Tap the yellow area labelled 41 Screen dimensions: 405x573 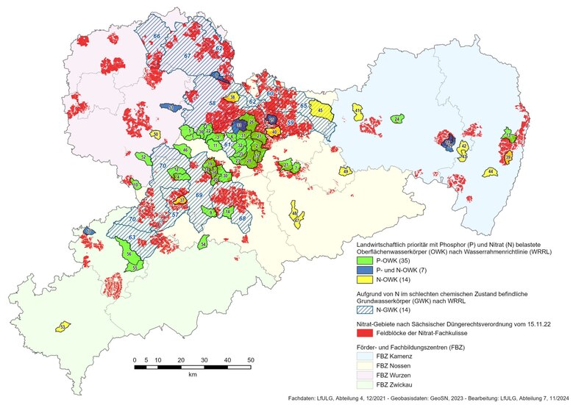[x=357, y=112]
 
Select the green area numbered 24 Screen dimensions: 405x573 [x=397, y=118]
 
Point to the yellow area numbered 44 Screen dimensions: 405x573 [x=490, y=171]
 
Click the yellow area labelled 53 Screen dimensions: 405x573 [x=65, y=326]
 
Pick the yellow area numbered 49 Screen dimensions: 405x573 [x=345, y=171]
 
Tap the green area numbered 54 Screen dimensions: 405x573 [x=203, y=243]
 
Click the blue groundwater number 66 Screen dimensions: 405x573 [x=157, y=36]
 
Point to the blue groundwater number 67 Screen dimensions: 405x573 [x=188, y=56]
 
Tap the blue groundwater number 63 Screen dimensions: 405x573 [x=132, y=237]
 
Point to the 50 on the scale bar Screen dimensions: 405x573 [x=252, y=360]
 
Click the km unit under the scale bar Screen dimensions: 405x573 [x=193, y=374]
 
